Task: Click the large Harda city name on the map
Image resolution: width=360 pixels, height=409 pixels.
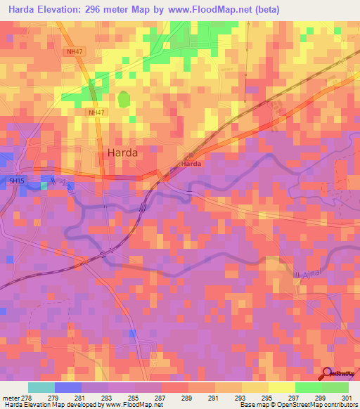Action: tap(122, 152)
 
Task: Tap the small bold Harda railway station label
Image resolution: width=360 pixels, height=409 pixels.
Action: tap(191, 164)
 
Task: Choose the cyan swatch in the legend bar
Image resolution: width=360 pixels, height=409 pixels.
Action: tap(41, 387)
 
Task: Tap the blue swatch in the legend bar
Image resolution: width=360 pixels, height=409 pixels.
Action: tap(68, 387)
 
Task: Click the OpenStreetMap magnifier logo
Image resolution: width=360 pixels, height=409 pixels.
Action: tap(327, 372)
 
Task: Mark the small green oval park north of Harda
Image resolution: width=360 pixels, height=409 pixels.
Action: tap(124, 99)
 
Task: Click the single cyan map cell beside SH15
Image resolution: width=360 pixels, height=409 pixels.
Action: tap(44, 186)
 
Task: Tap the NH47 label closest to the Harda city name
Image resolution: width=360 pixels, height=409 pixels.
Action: tap(97, 112)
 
